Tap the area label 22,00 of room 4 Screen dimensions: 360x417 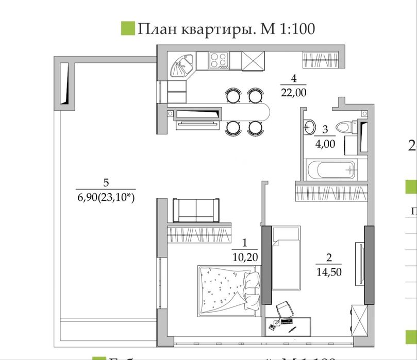click(293, 93)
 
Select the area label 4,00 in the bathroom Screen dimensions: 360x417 click(325, 143)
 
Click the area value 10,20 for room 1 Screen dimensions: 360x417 click(245, 256)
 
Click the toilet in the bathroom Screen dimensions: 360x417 click(344, 126)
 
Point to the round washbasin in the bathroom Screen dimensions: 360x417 click(310, 126)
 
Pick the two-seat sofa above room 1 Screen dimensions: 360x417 click(196, 209)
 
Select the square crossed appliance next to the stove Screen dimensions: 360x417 click(253, 61)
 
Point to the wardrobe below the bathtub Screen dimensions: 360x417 click(331, 191)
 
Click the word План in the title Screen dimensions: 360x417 click(157, 28)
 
